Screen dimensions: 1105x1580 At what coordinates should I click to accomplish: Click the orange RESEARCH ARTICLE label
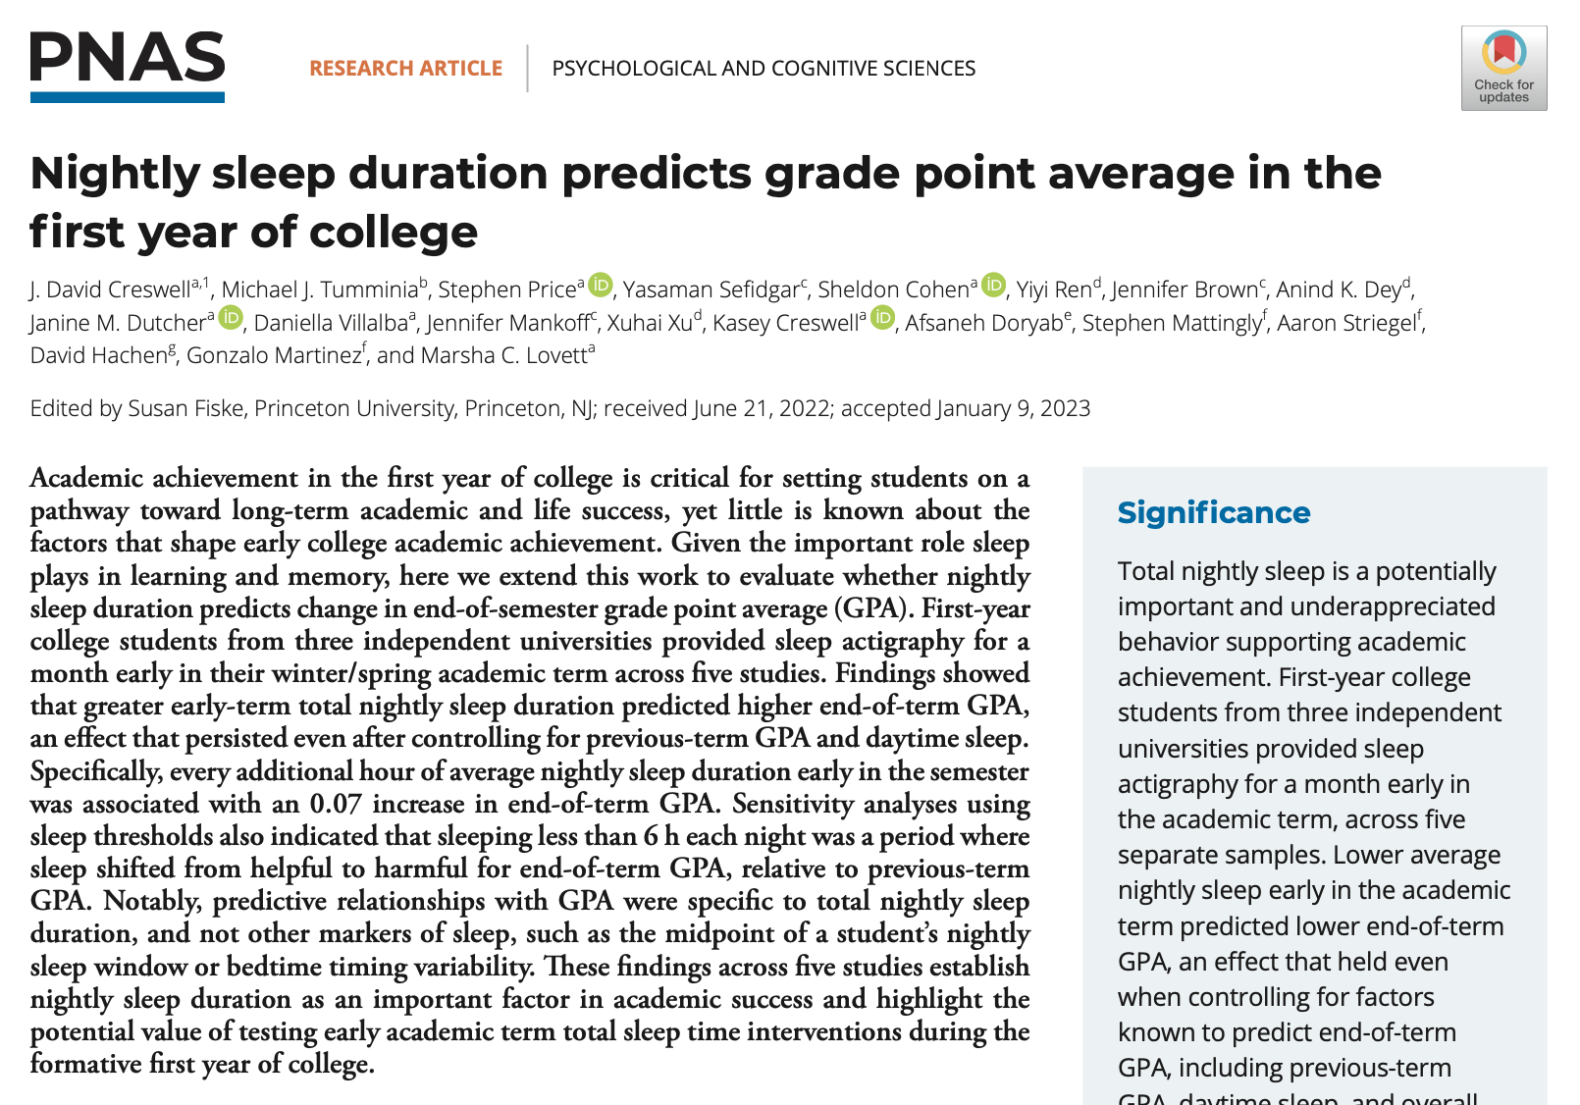click(x=405, y=69)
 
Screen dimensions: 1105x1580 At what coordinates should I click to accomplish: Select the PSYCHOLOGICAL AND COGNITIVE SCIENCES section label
click(x=764, y=69)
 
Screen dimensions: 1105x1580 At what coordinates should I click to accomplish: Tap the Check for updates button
click(x=1503, y=68)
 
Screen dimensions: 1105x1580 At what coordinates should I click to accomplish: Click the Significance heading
click(x=1214, y=512)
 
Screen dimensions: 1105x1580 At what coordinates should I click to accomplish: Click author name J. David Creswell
click(x=110, y=289)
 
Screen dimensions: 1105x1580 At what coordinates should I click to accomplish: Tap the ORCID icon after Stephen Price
click(x=601, y=286)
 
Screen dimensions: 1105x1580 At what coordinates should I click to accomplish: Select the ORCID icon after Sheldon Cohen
click(x=994, y=286)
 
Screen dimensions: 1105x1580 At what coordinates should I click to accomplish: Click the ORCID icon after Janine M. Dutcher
click(x=231, y=318)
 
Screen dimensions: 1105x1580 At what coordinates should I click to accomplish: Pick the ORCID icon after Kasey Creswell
click(x=883, y=318)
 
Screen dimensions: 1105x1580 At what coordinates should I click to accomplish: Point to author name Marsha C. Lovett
click(x=503, y=355)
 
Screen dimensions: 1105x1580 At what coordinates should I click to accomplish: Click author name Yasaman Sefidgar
click(x=711, y=289)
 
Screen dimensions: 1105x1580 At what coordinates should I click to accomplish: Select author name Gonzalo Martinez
click(x=274, y=355)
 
